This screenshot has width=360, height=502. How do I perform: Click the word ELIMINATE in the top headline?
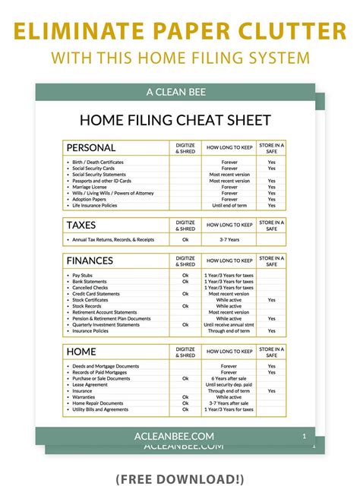tap(80, 31)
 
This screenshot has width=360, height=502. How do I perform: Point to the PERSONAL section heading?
tap(91, 147)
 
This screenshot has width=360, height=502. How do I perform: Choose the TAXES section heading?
tap(81, 225)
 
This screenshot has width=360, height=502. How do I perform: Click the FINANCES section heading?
tap(90, 260)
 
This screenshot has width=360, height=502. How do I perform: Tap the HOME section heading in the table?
tap(82, 352)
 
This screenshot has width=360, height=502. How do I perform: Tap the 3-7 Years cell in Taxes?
tap(229, 240)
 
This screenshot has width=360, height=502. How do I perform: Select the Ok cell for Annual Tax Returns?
tap(185, 240)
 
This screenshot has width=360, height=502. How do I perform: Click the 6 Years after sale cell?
tap(229, 378)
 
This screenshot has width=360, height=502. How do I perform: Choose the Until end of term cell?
tap(229, 205)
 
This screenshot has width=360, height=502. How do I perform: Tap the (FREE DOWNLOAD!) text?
tap(180, 479)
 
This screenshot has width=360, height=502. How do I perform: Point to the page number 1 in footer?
tap(304, 437)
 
